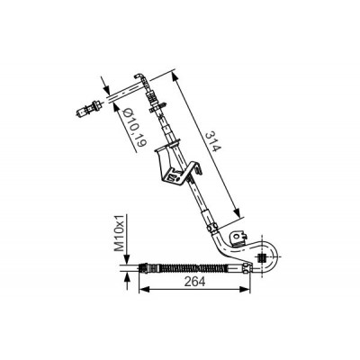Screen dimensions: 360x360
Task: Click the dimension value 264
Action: pyautogui.click(x=194, y=282)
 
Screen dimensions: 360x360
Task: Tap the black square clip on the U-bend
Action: pyautogui.click(x=262, y=258)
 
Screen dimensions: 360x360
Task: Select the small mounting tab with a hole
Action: pyautogui.click(x=238, y=238)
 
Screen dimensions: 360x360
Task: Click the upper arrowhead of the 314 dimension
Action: pyautogui.click(x=175, y=77)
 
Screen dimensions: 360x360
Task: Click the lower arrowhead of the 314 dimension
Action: pyautogui.click(x=237, y=212)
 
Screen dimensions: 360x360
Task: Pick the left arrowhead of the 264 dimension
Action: pyautogui.click(x=145, y=289)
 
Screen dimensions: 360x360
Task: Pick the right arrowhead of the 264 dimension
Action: pyautogui.click(x=245, y=289)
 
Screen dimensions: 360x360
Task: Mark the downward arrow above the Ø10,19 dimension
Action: pyautogui.click(x=104, y=86)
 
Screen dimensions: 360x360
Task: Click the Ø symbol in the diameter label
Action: pyautogui.click(x=128, y=113)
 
